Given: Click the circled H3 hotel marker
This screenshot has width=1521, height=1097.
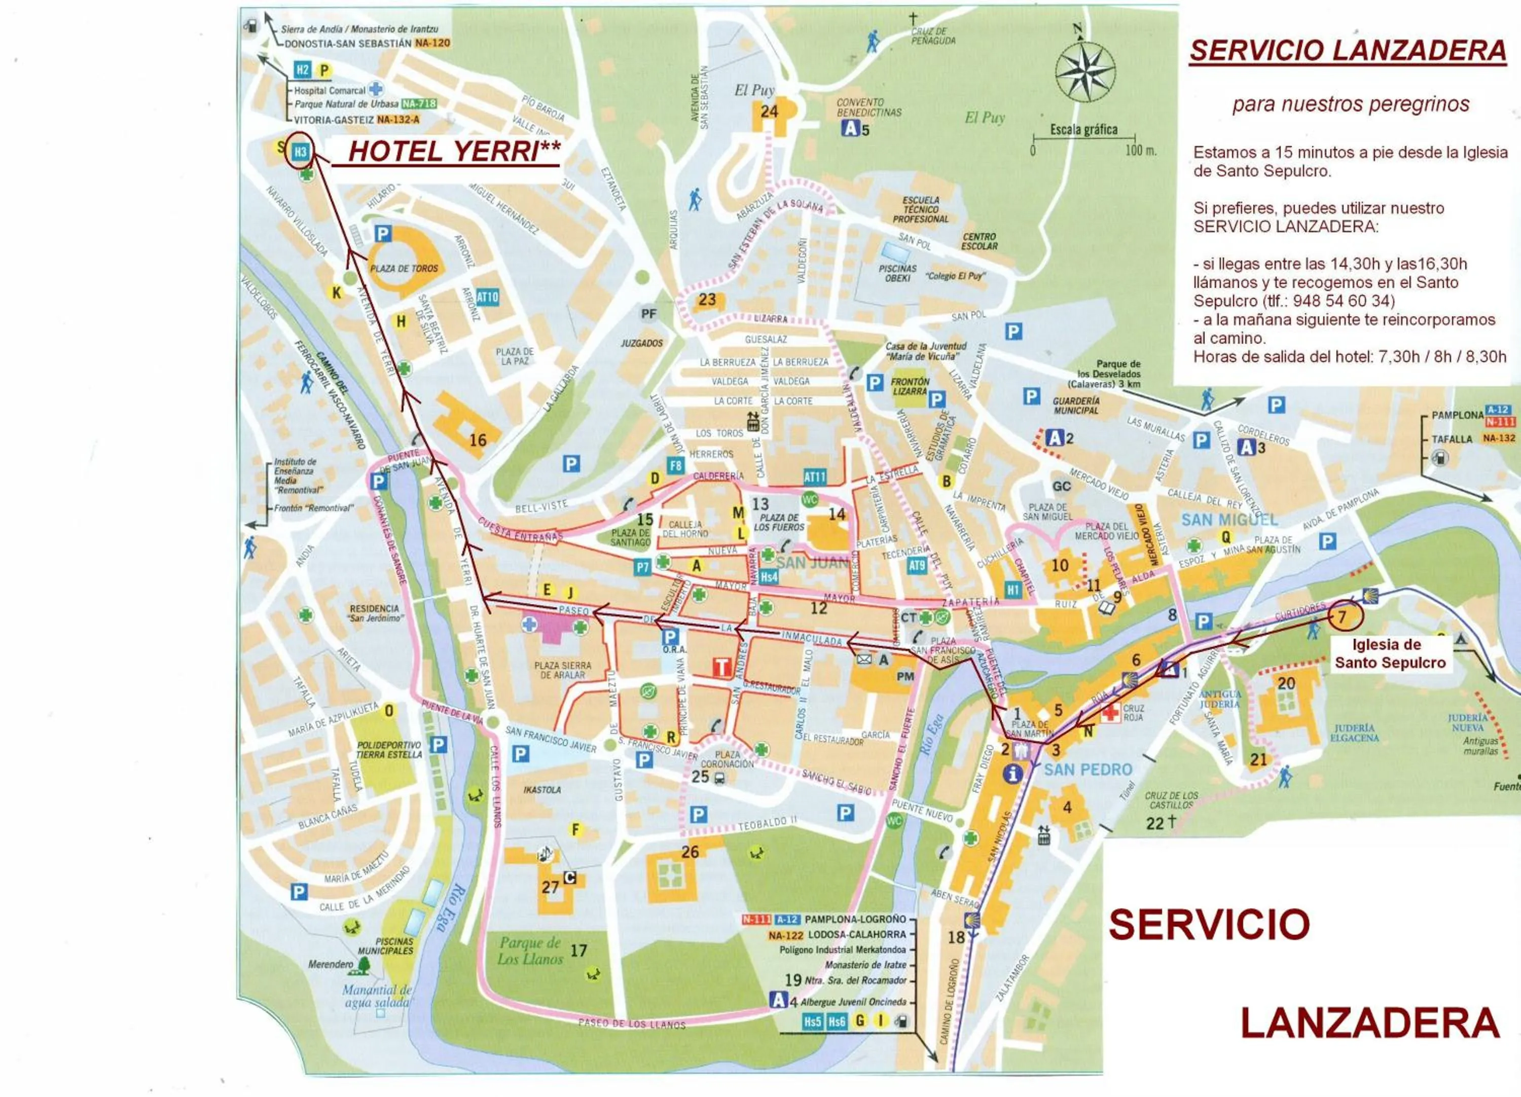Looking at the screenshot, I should (300, 152).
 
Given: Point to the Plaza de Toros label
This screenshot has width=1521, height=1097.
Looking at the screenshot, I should (404, 268).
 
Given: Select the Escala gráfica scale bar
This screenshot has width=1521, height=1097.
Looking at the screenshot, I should (1084, 138).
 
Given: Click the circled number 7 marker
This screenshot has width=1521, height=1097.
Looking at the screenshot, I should (1342, 616).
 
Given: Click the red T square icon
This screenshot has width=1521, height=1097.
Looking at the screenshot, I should (721, 667).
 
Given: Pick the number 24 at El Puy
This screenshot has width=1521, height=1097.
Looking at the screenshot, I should (769, 112).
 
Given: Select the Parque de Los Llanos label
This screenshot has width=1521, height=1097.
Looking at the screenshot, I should (530, 951).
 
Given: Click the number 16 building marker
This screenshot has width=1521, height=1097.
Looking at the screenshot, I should (478, 440).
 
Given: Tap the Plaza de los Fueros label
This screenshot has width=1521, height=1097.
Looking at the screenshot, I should (779, 522).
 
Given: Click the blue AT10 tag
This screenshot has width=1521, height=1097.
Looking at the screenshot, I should (488, 297).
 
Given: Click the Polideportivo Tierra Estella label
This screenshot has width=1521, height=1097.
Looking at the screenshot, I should (389, 750).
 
